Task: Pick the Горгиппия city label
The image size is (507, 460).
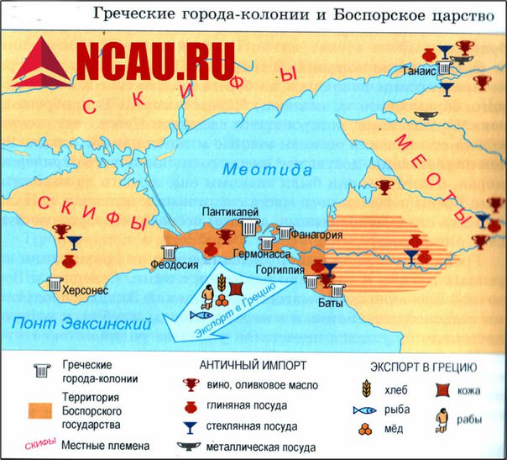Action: (279, 272)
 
